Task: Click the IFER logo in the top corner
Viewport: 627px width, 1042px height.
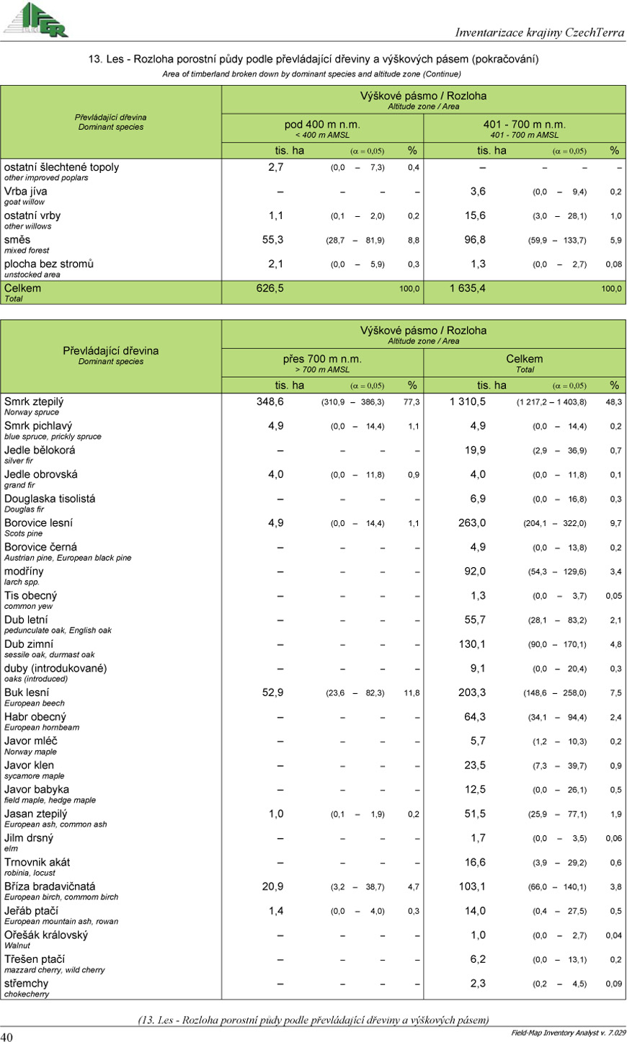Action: (x=36, y=19)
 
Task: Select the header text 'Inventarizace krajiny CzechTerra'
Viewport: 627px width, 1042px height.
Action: (x=539, y=32)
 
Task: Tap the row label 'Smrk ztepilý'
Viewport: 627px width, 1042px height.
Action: (x=34, y=401)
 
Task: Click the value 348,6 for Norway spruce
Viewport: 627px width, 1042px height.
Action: (x=270, y=401)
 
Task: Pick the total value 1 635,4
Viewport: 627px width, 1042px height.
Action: (x=467, y=288)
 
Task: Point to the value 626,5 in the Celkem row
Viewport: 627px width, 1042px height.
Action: (x=270, y=288)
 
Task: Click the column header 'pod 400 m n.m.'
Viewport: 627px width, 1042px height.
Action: (x=322, y=125)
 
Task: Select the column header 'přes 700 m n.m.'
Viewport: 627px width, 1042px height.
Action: (x=322, y=359)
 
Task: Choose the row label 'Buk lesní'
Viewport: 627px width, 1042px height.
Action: (x=27, y=693)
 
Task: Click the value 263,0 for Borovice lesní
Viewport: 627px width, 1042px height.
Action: (x=472, y=523)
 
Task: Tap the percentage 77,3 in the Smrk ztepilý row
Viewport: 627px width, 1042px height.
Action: (x=412, y=402)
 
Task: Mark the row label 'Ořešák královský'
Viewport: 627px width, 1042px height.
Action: (x=46, y=935)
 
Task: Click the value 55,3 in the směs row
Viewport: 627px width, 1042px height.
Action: (x=272, y=240)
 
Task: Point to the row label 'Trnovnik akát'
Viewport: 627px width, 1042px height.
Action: (x=37, y=862)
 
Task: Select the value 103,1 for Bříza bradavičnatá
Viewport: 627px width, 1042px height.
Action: (x=472, y=886)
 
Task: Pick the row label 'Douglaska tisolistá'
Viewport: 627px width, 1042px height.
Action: (x=50, y=499)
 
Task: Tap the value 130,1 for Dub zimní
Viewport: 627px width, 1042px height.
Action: (x=472, y=644)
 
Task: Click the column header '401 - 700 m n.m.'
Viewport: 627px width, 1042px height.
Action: (x=524, y=125)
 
